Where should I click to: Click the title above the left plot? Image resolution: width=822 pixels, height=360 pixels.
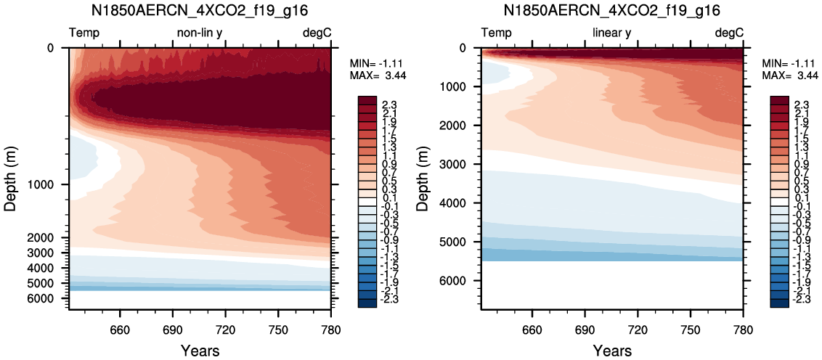(x=200, y=9)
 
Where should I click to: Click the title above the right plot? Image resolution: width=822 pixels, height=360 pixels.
(x=612, y=9)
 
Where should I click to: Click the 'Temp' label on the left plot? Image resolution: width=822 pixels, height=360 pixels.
(x=84, y=33)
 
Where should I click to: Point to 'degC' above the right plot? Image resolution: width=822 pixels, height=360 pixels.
(x=729, y=33)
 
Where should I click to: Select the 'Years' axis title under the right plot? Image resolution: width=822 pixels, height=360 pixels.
(x=612, y=350)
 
